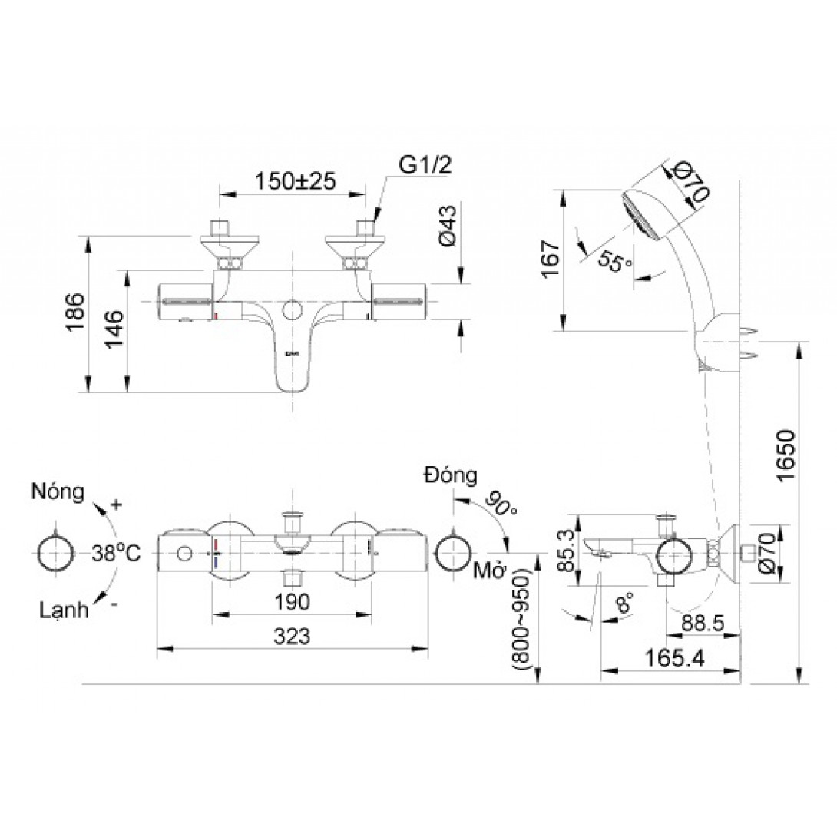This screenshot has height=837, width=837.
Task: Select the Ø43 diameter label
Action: (x=448, y=225)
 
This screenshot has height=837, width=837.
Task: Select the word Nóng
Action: (x=57, y=491)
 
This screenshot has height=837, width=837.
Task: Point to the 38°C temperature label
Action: (x=117, y=553)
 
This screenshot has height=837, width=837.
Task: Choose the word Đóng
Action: (x=450, y=475)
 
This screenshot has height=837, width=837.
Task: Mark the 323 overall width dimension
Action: (x=292, y=636)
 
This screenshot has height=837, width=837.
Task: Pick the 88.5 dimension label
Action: (x=703, y=624)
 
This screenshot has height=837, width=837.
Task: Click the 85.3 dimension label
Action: (x=564, y=551)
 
